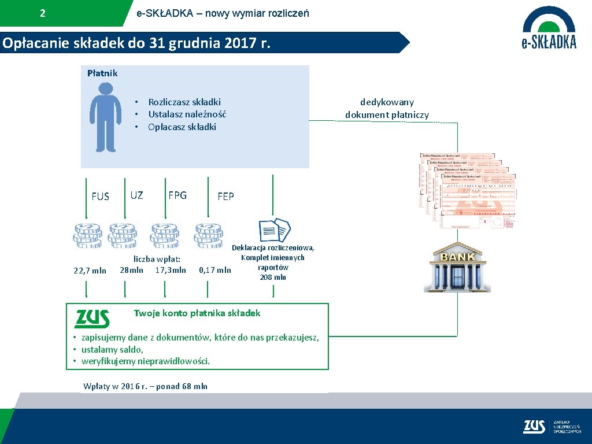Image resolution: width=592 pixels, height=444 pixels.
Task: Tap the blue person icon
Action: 105,117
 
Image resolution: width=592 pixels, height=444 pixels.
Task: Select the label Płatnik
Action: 102,73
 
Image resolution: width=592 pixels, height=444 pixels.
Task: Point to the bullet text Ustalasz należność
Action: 187,114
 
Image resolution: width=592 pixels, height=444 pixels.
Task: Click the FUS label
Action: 100,197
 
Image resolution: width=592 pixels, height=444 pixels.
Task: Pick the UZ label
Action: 136,195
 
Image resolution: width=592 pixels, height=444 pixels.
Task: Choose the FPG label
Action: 177,195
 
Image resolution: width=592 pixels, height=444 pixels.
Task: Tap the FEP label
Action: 225,197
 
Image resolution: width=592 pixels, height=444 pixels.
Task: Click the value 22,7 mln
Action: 90,270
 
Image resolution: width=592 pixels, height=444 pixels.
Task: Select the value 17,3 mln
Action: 171,270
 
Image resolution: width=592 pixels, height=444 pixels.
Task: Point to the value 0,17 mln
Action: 214,270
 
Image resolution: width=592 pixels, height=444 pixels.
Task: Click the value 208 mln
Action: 273,277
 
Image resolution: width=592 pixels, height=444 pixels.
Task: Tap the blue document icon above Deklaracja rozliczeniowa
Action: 273,230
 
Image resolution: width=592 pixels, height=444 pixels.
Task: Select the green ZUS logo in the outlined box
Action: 92,319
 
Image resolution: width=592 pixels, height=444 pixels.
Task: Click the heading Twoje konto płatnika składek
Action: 197,313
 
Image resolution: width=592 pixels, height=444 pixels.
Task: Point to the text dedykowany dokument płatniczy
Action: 387,109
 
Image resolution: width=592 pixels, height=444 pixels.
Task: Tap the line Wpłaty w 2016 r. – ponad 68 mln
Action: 145,386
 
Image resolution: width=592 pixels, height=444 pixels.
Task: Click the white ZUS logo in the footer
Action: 534,427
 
